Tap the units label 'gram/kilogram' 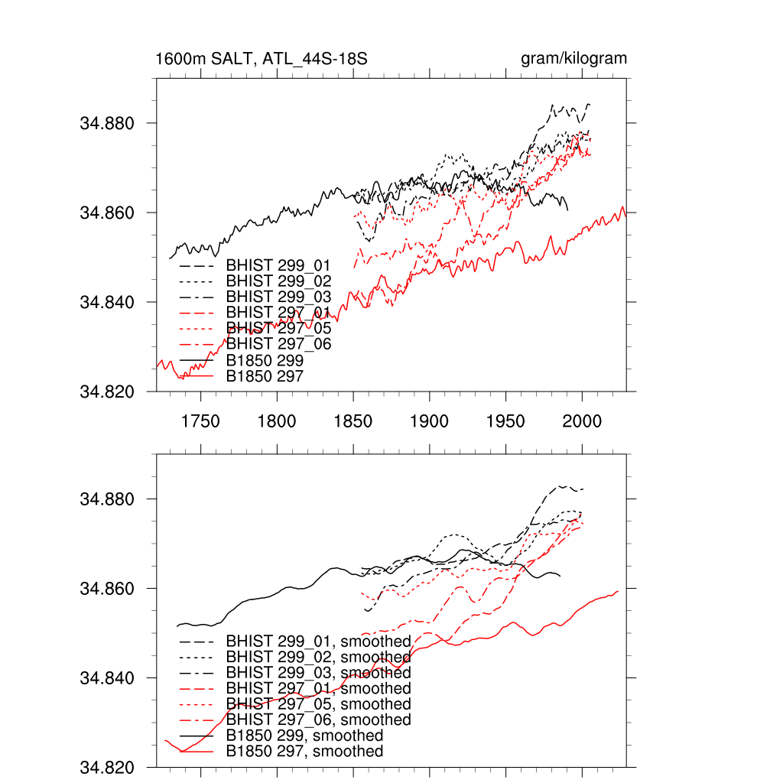(573, 59)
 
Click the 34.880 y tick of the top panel (107, 124)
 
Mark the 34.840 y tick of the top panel (107, 303)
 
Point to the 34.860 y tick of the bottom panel (107, 590)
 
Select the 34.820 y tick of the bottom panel (107, 768)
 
